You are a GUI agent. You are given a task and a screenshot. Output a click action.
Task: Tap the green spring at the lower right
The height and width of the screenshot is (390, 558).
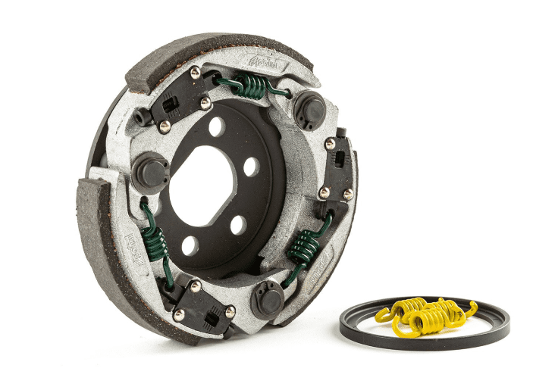tap(306, 246)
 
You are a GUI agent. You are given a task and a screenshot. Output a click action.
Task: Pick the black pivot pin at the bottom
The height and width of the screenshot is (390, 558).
tap(268, 298)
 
